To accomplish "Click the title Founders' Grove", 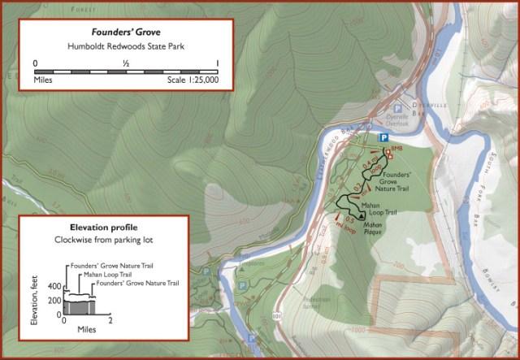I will (x=125, y=33).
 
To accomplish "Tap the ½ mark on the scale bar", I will (x=126, y=63).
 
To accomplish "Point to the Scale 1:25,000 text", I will (x=192, y=81).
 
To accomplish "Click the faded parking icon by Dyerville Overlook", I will (x=398, y=109).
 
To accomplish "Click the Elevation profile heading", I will (x=103, y=229).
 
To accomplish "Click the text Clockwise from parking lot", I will (x=103, y=241).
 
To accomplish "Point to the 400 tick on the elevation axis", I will (x=54, y=287).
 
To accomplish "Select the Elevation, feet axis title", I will (x=35, y=301).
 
